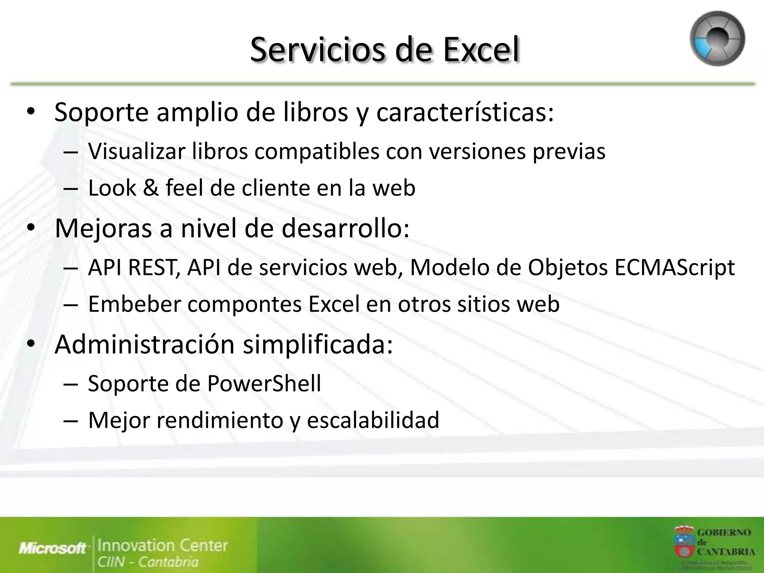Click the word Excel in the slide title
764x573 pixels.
pyautogui.click(x=481, y=50)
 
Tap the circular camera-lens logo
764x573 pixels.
pyautogui.click(x=717, y=39)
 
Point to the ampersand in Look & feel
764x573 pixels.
pyautogui.click(x=151, y=188)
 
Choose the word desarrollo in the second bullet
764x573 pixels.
pyautogui.click(x=345, y=228)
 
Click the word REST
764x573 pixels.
pyautogui.click(x=153, y=267)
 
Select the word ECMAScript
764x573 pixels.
pyautogui.click(x=674, y=267)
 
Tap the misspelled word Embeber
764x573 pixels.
pyautogui.click(x=134, y=304)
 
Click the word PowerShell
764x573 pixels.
pyautogui.click(x=264, y=383)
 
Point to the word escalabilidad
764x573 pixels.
pyautogui.click(x=373, y=420)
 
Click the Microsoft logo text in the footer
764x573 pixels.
pyautogui.click(x=52, y=548)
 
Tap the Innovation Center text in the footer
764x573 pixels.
pyautogui.click(x=163, y=545)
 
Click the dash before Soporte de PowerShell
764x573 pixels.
pyautogui.click(x=71, y=383)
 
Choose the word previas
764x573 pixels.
pyautogui.click(x=569, y=151)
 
